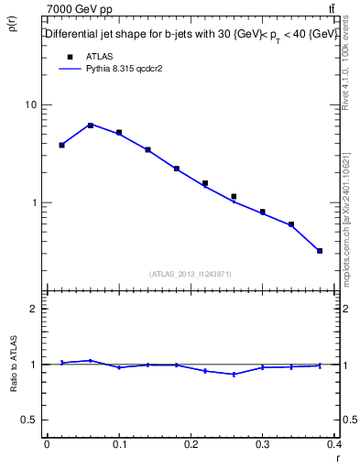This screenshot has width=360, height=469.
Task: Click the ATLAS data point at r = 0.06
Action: click(91, 125)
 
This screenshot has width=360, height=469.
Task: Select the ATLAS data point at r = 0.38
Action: click(320, 250)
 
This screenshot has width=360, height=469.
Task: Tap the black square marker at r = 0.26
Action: click(234, 196)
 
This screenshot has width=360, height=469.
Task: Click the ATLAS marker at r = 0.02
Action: click(61, 145)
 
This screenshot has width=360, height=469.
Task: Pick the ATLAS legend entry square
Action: click(70, 56)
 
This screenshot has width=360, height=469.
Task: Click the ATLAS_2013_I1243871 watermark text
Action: click(191, 274)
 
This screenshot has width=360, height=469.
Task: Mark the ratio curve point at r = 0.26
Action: click(234, 374)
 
